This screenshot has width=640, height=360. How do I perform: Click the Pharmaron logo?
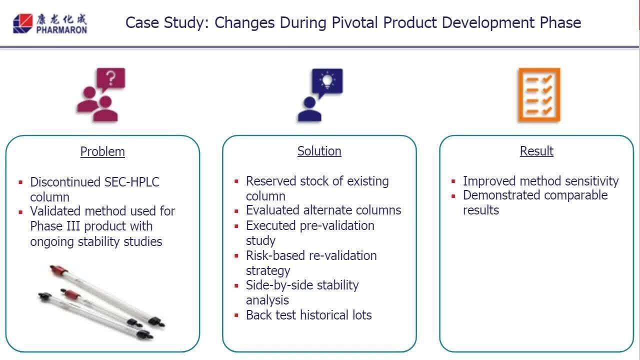(50, 23)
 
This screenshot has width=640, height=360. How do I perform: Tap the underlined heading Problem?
(102, 151)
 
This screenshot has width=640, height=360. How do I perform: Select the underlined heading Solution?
(319, 151)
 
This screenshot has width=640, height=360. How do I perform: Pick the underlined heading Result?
(536, 151)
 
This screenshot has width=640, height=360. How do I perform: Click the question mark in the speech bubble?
(111, 78)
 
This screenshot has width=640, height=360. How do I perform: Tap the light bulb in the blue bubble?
(327, 81)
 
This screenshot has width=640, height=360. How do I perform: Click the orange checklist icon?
(539, 95)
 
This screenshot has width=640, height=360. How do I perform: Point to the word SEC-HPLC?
(131, 182)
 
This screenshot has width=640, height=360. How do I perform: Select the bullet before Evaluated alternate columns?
(236, 211)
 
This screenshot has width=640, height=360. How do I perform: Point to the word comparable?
(575, 195)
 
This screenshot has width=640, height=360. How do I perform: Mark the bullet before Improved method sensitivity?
(453, 181)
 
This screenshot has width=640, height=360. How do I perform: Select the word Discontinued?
(65, 182)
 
